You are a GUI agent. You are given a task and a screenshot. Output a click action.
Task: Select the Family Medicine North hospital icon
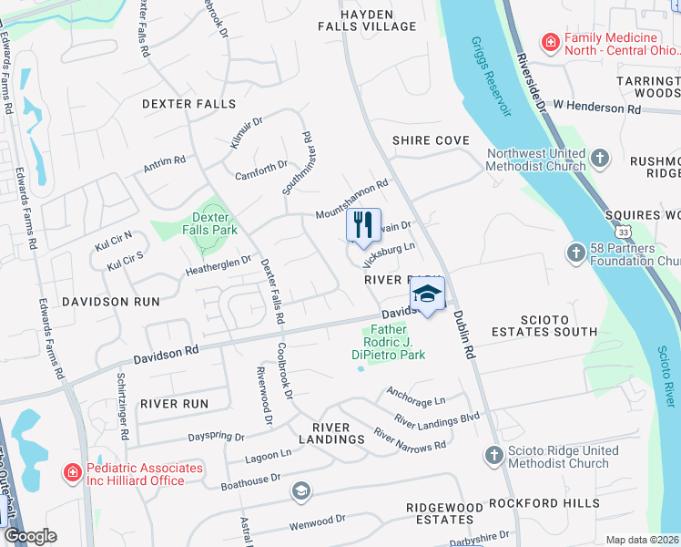(x=550, y=41)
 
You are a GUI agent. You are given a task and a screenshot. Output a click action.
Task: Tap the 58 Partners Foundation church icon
(x=575, y=253)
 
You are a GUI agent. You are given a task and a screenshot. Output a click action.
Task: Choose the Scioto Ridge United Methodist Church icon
(x=493, y=455)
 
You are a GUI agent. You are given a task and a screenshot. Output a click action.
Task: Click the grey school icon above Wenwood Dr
(x=300, y=492)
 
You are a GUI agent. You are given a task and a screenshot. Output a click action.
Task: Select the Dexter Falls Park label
(x=210, y=223)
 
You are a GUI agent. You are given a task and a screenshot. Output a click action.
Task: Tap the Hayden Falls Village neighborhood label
(x=367, y=21)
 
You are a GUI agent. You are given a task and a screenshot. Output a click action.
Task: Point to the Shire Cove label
(x=431, y=140)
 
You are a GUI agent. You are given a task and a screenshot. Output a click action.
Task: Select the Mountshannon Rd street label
(x=352, y=200)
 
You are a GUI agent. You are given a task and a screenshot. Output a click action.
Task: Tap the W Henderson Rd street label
(x=596, y=107)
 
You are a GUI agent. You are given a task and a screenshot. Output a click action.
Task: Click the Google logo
(x=30, y=536)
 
